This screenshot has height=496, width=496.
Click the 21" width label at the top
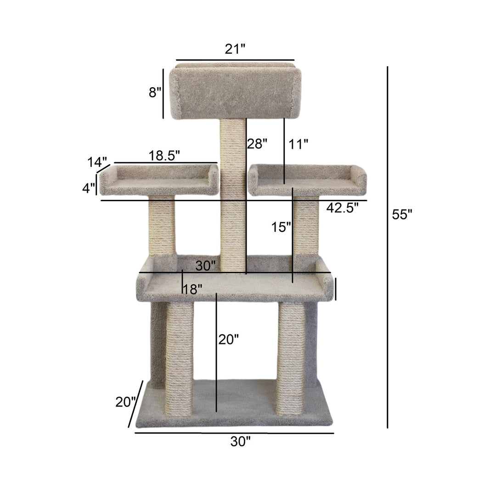235,49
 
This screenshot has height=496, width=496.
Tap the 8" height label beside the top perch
155,92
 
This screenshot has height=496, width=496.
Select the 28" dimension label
257,144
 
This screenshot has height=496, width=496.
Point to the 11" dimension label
298,144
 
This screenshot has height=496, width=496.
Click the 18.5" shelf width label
164,156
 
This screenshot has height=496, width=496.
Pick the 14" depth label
97,162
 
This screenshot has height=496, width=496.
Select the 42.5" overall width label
342,208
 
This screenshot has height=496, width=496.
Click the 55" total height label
402,214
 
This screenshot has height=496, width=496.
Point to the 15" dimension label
281,227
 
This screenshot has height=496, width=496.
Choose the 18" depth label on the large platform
192,289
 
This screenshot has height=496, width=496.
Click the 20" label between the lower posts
229,340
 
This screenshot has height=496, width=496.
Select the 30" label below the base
241,441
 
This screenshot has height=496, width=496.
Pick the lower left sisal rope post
179,358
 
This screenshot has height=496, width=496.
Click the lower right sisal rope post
291,358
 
